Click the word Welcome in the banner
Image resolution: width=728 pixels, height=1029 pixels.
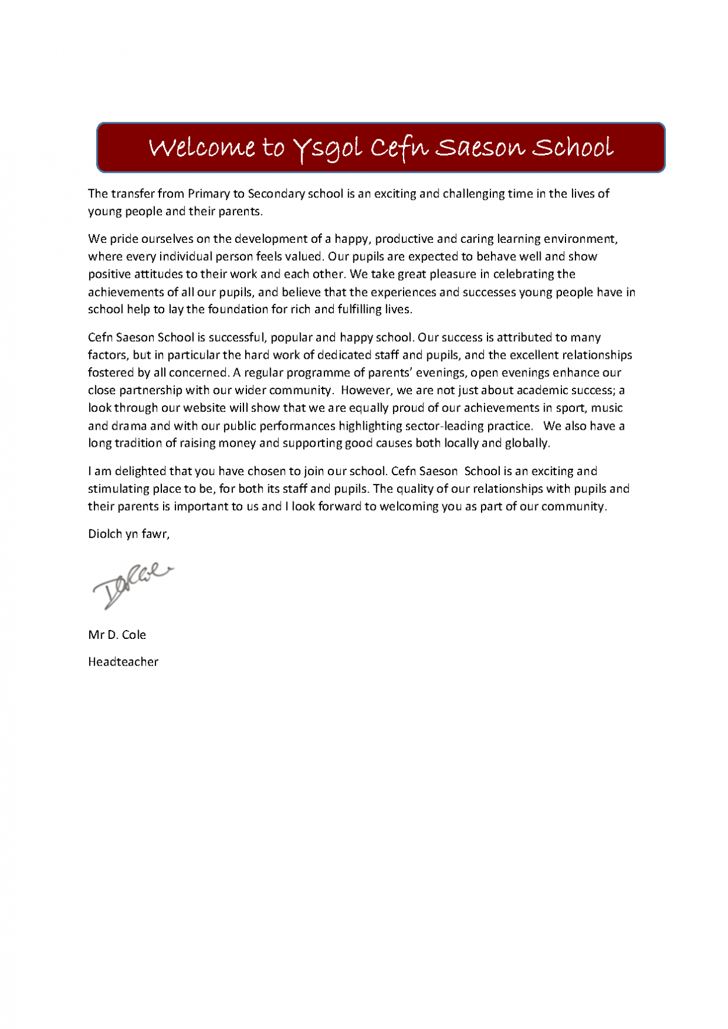(201, 148)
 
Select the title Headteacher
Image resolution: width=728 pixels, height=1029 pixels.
(123, 662)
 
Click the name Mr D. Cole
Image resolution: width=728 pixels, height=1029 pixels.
(117, 635)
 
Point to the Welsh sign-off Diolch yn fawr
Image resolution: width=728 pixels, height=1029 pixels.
(128, 534)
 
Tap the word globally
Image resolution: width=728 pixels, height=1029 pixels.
(527, 443)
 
